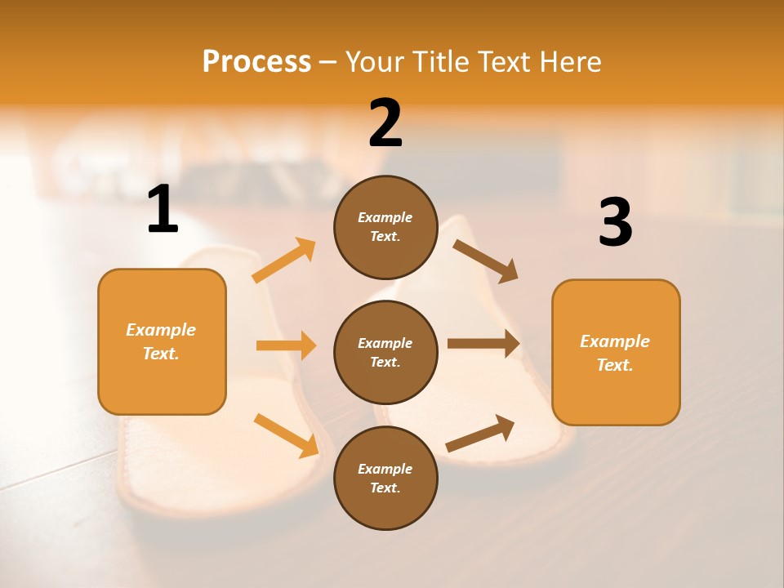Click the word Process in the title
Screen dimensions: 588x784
tap(256, 61)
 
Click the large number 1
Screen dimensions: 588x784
tap(163, 210)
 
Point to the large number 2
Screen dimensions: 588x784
tap(385, 123)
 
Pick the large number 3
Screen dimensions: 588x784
tap(615, 222)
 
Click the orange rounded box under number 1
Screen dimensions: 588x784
tap(162, 341)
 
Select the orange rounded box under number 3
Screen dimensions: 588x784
tap(616, 352)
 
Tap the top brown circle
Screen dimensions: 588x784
tap(385, 227)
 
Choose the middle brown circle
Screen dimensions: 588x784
tap(385, 352)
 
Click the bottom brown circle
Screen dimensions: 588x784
tap(385, 478)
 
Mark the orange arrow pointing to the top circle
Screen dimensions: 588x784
tap(284, 261)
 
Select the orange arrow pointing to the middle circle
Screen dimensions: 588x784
tap(286, 345)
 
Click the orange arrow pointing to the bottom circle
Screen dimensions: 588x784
tap(286, 434)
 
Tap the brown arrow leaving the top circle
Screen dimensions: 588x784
tap(486, 261)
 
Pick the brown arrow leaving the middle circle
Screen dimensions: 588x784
tap(483, 344)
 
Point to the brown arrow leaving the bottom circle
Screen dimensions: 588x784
tap(480, 434)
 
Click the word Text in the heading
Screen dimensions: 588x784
tap(506, 61)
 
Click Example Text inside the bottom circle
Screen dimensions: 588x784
tap(385, 478)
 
